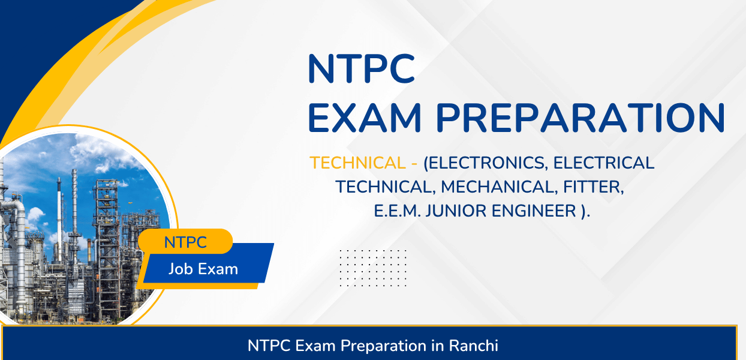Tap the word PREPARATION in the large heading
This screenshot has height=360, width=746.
coord(580,118)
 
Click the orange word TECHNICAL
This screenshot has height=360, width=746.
coord(357,163)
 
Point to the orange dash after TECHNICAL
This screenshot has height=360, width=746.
coord(414,164)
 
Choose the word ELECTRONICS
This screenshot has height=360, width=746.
coord(485,163)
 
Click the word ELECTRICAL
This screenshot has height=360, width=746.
coord(604,163)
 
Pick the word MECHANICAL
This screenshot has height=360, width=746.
coord(499,187)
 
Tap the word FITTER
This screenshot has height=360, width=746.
coord(594,187)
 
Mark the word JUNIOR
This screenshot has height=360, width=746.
coord(456,211)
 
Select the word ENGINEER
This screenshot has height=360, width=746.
coord(534,211)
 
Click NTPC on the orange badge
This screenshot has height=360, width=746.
coord(185,242)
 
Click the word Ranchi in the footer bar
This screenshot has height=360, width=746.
coord(473,346)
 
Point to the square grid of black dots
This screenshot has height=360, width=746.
coord(373,268)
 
